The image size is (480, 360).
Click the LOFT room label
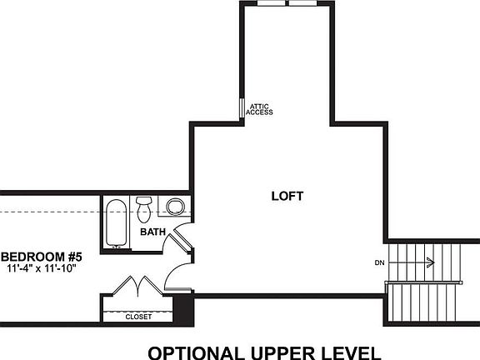point(287,197)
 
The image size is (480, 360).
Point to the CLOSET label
point(138,317)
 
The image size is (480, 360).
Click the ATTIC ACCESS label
point(260,109)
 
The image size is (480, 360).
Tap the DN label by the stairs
point(379,263)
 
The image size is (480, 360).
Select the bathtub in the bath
point(115,222)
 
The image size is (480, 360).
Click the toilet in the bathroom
point(144,206)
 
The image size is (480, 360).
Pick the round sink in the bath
point(175,206)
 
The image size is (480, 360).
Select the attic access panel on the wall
point(242,109)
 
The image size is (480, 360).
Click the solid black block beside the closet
point(184,309)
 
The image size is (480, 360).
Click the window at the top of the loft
point(287,3)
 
